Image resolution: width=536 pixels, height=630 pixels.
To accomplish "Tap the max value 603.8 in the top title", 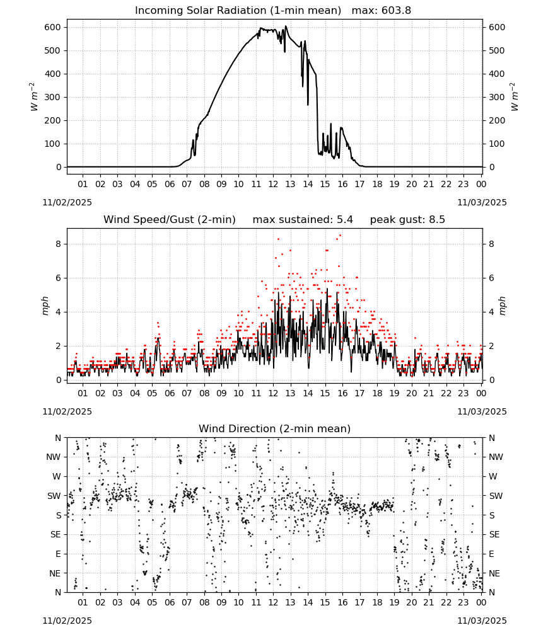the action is [396, 11].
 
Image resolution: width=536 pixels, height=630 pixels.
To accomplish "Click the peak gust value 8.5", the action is [436, 220].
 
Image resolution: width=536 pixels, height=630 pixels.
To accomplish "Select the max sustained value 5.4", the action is [344, 220].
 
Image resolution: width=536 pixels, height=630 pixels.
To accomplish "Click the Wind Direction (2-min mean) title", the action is [275, 428].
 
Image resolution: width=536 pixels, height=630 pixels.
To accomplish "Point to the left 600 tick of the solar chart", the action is [53, 27].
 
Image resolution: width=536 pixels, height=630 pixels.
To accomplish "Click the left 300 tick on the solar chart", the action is [53, 97].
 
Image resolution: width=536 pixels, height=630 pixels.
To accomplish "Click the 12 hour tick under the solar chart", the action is [273, 184].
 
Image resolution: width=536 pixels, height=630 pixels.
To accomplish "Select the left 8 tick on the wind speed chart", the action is [59, 244].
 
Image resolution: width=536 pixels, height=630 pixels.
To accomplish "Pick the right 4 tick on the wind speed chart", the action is [491, 312].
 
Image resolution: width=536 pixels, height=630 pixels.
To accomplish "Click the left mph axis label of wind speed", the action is [45, 306].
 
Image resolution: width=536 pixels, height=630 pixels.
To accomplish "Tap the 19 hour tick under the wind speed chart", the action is [395, 393].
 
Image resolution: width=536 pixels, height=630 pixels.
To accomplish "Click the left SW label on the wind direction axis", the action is [54, 496].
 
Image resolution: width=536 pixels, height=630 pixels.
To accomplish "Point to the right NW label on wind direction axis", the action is [496, 457].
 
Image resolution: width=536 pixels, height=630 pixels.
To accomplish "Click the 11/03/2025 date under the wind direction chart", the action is [482, 621].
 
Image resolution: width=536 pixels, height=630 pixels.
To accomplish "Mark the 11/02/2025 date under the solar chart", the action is [67, 202].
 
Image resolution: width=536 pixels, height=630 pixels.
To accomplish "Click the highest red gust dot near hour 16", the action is [340, 236].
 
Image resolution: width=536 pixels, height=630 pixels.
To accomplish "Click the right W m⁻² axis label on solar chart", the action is [515, 97].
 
